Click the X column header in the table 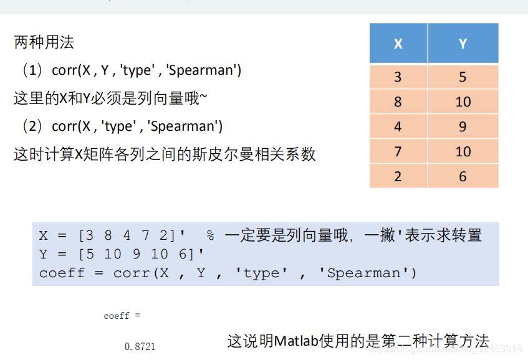(398, 44)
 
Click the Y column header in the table (463, 44)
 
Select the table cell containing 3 (398, 77)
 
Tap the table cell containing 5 (463, 77)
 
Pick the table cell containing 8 (398, 102)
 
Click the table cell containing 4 (398, 127)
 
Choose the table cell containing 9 (463, 127)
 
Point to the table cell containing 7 (398, 152)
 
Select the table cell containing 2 (398, 177)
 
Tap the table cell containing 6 (463, 177)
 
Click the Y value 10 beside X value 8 (463, 102)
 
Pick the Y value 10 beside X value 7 (463, 152)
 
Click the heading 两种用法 (44, 42)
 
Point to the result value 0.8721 (140, 346)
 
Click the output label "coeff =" (122, 316)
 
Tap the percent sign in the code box (211, 236)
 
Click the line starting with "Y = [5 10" (122, 254)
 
